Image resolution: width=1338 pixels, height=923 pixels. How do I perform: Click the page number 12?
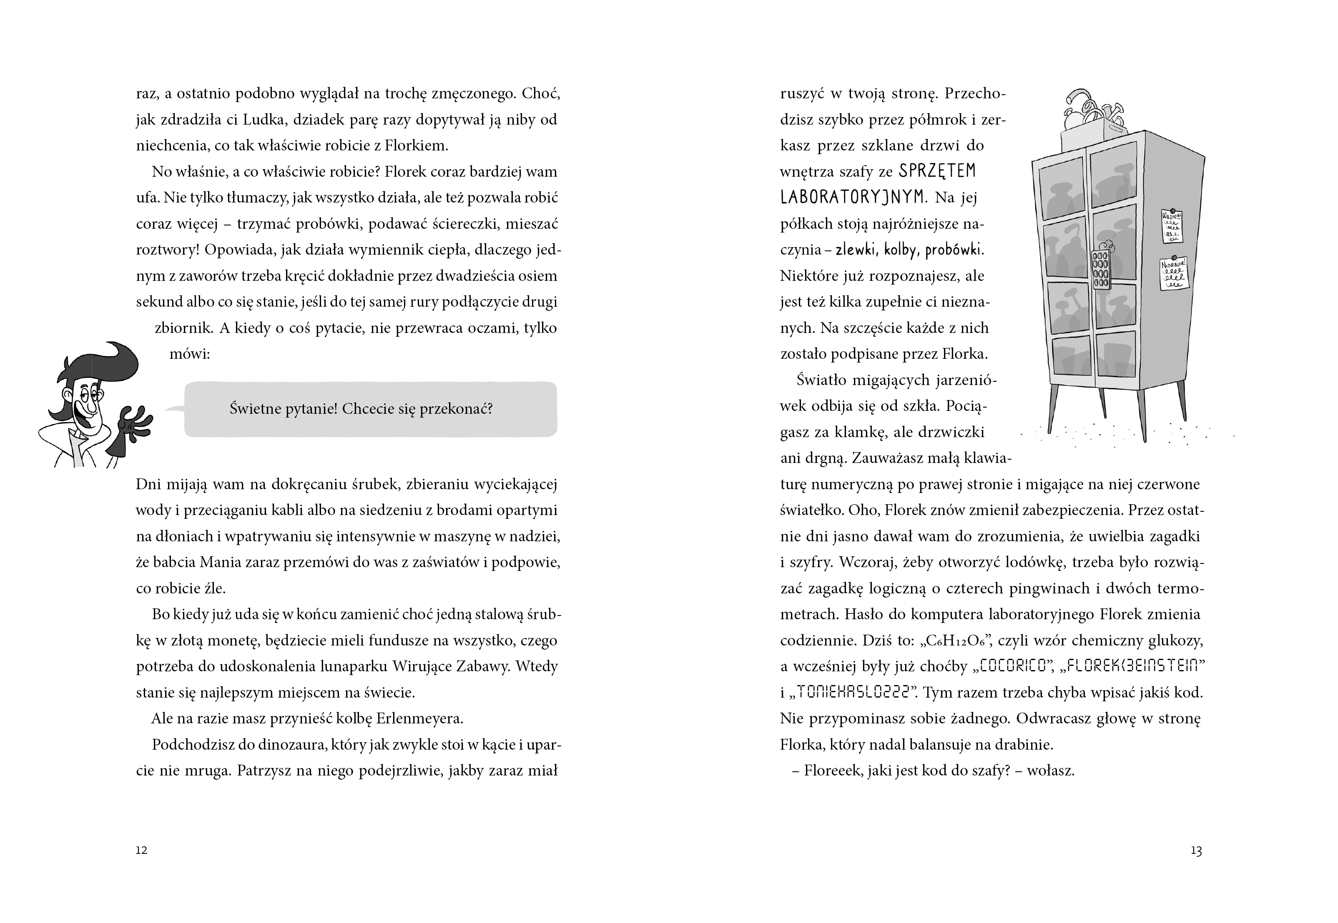142,850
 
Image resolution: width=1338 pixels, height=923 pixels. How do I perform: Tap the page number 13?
1196,851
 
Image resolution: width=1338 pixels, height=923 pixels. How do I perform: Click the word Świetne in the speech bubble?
255,409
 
